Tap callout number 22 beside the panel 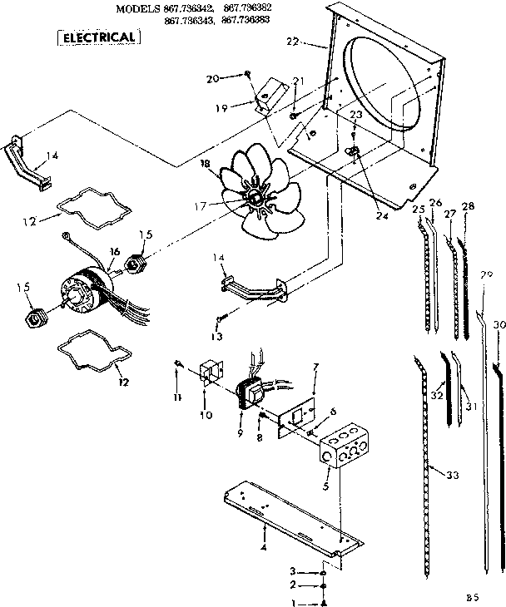pyautogui.click(x=291, y=40)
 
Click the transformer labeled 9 pyautogui.click(x=246, y=389)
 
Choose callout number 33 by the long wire pyautogui.click(x=452, y=475)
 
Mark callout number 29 pyautogui.click(x=487, y=275)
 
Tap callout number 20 pyautogui.click(x=212, y=78)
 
